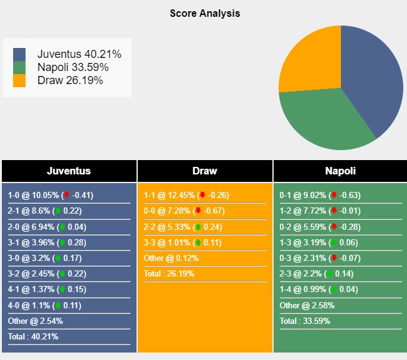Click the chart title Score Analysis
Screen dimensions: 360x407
(204, 13)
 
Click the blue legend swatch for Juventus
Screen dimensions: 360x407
(19, 54)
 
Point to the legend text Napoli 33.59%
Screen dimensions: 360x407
(73, 67)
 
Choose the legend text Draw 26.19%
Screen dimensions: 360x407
(70, 80)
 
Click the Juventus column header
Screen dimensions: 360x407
(69, 171)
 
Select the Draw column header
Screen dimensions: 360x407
(204, 171)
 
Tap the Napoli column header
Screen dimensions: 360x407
(340, 171)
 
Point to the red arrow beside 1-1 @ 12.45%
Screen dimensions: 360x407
(203, 195)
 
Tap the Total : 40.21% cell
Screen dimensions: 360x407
(35, 337)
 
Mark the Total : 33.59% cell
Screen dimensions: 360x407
(305, 321)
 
